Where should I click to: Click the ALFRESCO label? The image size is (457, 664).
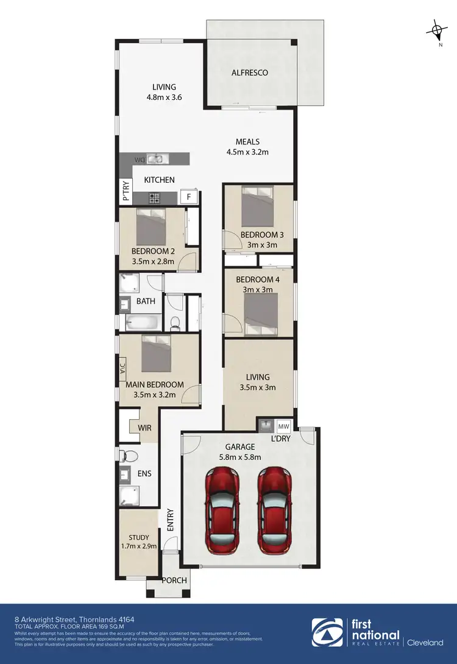(250, 73)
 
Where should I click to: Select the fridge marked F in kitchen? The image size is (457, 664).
(189, 197)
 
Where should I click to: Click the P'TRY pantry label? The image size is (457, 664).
(126, 191)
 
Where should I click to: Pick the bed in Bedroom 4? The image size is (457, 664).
(261, 314)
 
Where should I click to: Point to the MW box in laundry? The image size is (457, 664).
(284, 425)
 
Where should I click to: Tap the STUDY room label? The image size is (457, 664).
(138, 538)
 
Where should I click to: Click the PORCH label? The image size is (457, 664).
(174, 580)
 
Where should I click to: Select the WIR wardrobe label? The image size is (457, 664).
(144, 428)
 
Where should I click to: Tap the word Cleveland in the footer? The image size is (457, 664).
(425, 641)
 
